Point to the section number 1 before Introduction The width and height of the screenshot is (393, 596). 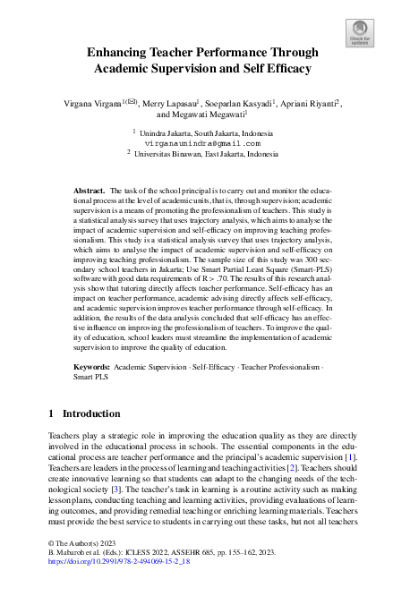pos(49,413)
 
